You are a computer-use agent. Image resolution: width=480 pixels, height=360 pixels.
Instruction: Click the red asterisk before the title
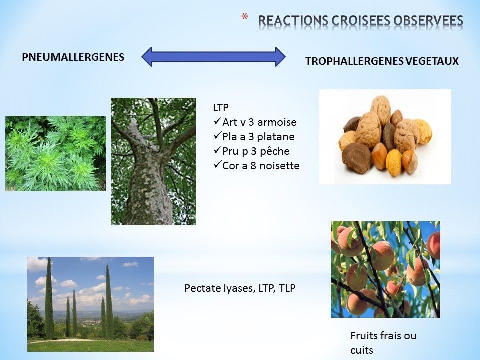244,17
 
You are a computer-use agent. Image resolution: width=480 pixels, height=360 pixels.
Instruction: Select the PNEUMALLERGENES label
73,57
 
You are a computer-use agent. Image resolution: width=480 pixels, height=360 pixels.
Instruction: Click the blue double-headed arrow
213,57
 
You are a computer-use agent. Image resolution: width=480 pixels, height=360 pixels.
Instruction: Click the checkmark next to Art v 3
217,121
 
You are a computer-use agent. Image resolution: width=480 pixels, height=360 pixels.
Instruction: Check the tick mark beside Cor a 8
217,165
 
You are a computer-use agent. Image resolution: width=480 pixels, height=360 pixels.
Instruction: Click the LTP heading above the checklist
221,108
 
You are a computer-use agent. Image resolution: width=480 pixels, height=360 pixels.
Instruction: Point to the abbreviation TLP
287,288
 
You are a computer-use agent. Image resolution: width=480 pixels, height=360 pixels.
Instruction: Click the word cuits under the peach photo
362,350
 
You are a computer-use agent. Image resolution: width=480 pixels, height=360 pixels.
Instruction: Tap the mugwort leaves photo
56,153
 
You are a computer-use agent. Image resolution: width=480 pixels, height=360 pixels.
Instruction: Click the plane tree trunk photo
153,161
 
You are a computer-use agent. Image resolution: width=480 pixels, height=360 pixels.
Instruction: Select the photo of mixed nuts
385,137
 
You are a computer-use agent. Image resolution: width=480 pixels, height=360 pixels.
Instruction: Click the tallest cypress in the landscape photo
49,298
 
